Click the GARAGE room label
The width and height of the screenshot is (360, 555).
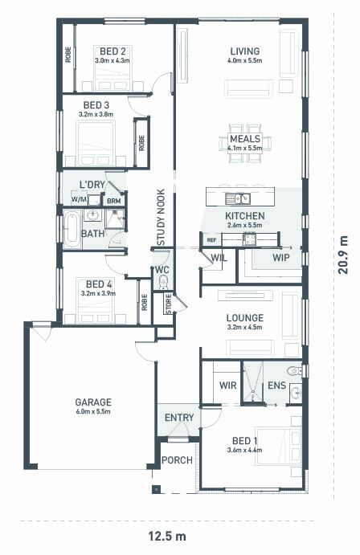(93, 402)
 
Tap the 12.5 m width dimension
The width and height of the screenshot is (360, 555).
(166, 536)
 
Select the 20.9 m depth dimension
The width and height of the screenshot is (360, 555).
(343, 255)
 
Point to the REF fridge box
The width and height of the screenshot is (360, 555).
(211, 240)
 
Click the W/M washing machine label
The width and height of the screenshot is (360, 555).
(79, 199)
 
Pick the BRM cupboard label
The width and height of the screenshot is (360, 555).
(113, 201)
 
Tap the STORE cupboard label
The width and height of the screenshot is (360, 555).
(169, 304)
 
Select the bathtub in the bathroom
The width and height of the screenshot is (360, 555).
(72, 229)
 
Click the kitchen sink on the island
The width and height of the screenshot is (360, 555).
(238, 199)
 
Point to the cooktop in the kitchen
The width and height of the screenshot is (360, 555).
(249, 239)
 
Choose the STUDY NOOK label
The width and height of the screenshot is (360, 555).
(161, 217)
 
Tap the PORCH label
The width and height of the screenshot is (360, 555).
(177, 459)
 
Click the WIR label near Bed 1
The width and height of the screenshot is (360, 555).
(227, 385)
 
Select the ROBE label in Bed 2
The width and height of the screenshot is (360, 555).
(68, 55)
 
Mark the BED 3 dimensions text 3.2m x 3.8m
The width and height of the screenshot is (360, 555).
(96, 114)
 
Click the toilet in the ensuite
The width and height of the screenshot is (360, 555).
(295, 370)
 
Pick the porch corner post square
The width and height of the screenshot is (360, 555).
(156, 489)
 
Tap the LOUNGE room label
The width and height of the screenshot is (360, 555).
(245, 318)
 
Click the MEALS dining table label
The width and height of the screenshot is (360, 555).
(245, 138)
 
